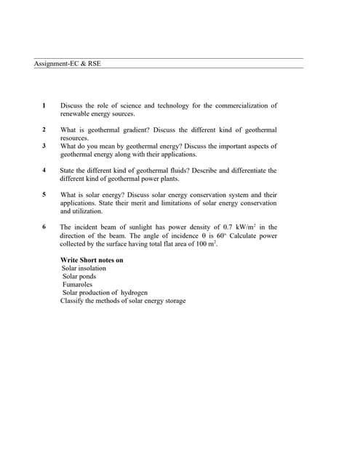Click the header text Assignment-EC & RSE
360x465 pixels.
click(68, 64)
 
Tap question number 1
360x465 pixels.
click(44, 106)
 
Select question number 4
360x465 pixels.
click(44, 171)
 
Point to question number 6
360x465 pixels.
click(44, 227)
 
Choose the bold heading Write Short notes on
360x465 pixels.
click(91, 260)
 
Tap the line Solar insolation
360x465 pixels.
click(84, 269)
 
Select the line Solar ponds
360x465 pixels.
click(79, 277)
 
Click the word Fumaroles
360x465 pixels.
click(77, 286)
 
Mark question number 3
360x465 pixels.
click(44, 146)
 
